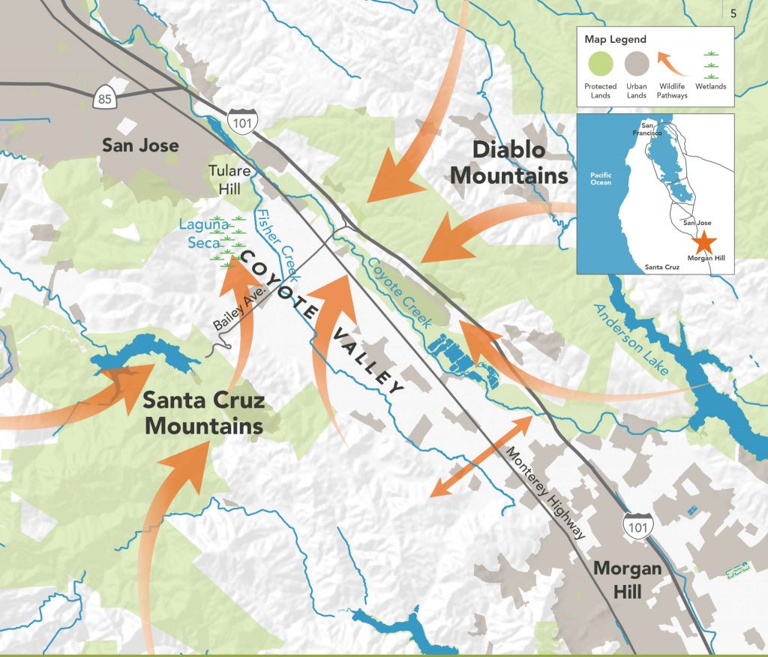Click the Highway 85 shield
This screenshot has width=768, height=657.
click(x=103, y=97)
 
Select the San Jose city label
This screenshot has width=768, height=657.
click(x=140, y=145)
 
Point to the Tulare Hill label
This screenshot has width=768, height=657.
click(x=229, y=179)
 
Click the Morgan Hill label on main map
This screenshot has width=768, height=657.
click(x=627, y=579)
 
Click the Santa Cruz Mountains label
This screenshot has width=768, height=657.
click(x=204, y=413)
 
